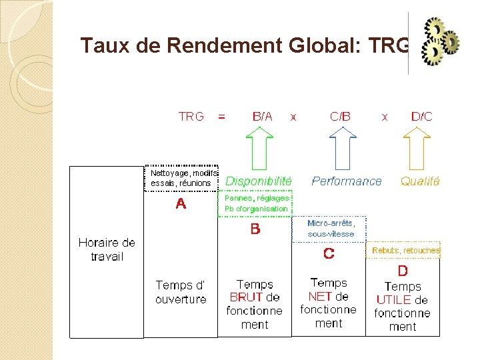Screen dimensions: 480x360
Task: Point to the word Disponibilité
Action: (x=259, y=181)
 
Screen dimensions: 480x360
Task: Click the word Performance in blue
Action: (x=347, y=181)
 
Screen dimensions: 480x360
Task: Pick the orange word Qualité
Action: (x=420, y=181)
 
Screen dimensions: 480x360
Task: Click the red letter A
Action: (x=181, y=204)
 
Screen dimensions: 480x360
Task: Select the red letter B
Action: (x=255, y=229)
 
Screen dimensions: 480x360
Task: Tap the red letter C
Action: (x=329, y=253)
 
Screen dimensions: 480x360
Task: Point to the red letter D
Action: (x=403, y=271)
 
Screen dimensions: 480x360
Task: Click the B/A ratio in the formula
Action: (x=262, y=117)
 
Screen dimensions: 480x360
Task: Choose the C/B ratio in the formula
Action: (x=340, y=117)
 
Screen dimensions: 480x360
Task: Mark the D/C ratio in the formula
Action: (x=421, y=117)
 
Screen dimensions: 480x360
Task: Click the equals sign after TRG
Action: (x=222, y=117)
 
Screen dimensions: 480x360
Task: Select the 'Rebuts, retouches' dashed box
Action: (x=405, y=250)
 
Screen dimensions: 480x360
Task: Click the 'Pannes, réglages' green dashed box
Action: (x=257, y=203)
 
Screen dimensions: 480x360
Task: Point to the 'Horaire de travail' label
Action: (x=107, y=249)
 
